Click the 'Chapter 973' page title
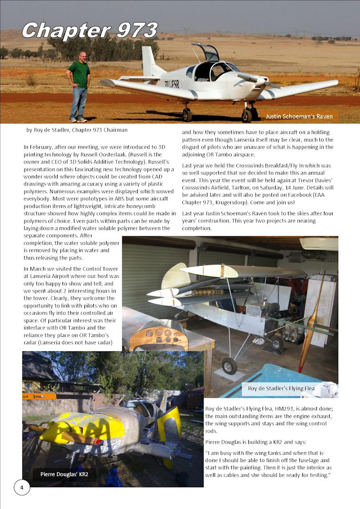(89, 31)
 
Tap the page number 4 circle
(22, 487)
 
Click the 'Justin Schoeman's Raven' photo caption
(299, 116)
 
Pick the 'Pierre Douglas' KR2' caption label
(64, 474)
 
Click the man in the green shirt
(79, 85)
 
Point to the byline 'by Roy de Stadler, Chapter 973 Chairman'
(77, 130)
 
